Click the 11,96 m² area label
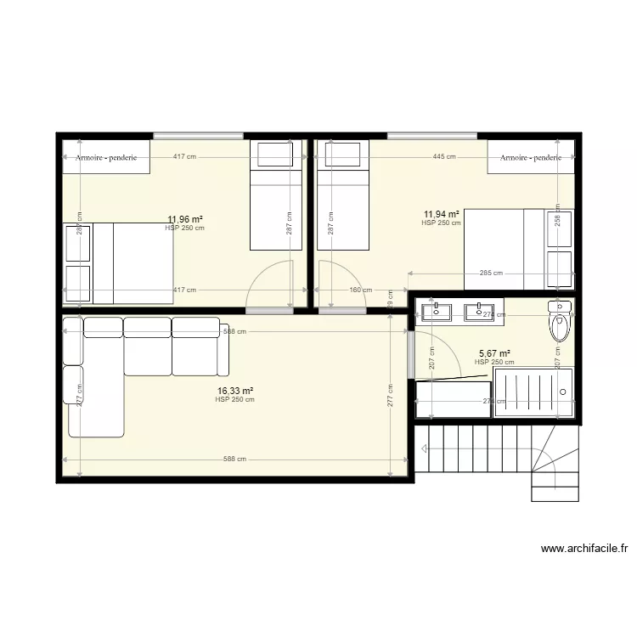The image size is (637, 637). tap(184, 219)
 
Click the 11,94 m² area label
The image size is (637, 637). tap(442, 215)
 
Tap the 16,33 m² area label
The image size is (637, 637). tap(234, 391)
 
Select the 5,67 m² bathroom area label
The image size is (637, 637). tap(494, 353)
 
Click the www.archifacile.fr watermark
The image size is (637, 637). tap(584, 549)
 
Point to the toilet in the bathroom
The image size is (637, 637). tap(561, 321)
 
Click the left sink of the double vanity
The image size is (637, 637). tap(437, 311)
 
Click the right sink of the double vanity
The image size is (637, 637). tap(479, 311)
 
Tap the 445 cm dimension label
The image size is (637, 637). tap(443, 156)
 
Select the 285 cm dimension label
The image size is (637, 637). tap(491, 273)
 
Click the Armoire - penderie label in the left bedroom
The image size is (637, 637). tap(106, 157)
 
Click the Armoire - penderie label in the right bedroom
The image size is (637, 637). tap(531, 157)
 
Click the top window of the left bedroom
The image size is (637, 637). tap(198, 135)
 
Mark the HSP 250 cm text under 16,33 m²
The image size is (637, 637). tap(234, 399)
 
